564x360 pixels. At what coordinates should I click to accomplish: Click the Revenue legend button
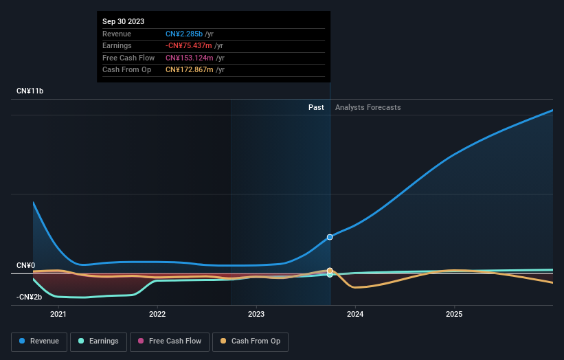[39, 341]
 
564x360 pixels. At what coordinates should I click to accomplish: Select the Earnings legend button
[98, 341]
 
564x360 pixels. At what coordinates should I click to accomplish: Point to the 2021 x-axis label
[58, 315]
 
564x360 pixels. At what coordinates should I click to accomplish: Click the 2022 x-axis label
[157, 315]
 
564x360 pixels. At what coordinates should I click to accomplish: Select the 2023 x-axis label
[256, 315]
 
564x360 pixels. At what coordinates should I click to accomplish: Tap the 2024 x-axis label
[355, 315]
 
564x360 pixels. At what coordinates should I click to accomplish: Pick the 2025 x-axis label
[454, 315]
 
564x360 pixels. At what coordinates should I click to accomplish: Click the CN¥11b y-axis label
[30, 91]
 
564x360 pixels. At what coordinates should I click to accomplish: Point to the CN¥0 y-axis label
[26, 265]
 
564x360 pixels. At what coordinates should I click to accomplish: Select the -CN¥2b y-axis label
[30, 297]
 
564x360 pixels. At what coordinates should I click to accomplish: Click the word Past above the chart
[316, 107]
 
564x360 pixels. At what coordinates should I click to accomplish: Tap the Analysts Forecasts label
[368, 107]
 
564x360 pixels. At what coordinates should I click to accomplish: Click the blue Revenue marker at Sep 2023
[330, 237]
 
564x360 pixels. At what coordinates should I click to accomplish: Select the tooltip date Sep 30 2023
[124, 22]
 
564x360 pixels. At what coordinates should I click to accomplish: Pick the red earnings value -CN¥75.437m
[194, 46]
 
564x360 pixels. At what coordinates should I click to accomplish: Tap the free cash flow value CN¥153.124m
[195, 58]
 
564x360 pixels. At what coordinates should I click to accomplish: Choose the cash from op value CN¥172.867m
[195, 69]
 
